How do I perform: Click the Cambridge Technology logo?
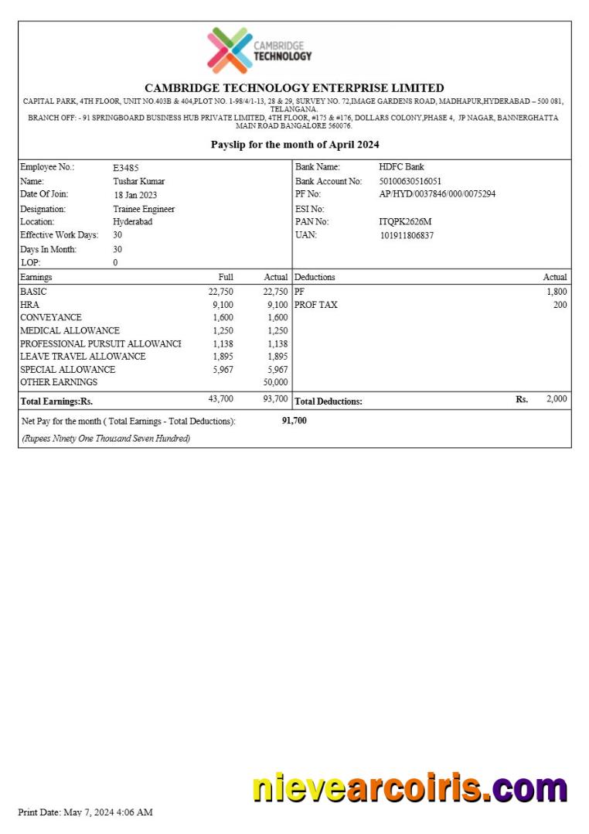pyautogui.click(x=259, y=51)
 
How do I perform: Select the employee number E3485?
pyautogui.click(x=126, y=167)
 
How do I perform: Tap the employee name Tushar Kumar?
pyautogui.click(x=139, y=181)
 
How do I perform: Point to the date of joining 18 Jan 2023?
pyautogui.click(x=135, y=195)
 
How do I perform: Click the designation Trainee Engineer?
pyautogui.click(x=144, y=209)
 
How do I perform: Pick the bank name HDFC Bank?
pyautogui.click(x=401, y=167)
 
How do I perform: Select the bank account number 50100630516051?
pyautogui.click(x=410, y=181)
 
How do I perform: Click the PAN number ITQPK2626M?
pyautogui.click(x=405, y=222)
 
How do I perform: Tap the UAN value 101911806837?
pyautogui.click(x=407, y=235)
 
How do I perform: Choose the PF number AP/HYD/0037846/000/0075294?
pyautogui.click(x=437, y=194)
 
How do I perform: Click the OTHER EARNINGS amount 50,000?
pyautogui.click(x=275, y=382)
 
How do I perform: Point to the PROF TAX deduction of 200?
pyautogui.click(x=560, y=305)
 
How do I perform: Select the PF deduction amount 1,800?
pyautogui.click(x=557, y=292)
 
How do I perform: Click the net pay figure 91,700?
pyautogui.click(x=294, y=421)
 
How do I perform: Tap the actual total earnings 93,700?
pyautogui.click(x=275, y=399)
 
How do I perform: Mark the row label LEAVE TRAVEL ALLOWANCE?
pyautogui.click(x=83, y=357)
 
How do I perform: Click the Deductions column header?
pyautogui.click(x=315, y=277)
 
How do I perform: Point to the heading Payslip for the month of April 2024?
pyautogui.click(x=294, y=145)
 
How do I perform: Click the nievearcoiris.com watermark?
pyautogui.click(x=410, y=788)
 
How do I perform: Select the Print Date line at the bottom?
pyautogui.click(x=85, y=812)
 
